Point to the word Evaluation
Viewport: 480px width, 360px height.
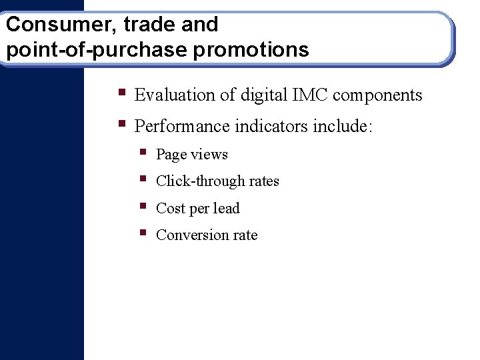[x=175, y=95]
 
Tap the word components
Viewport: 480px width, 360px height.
[x=377, y=95]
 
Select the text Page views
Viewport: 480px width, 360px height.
[x=192, y=155]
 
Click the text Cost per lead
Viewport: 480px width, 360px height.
[x=197, y=209]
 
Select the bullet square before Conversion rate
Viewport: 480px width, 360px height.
[x=143, y=233]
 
